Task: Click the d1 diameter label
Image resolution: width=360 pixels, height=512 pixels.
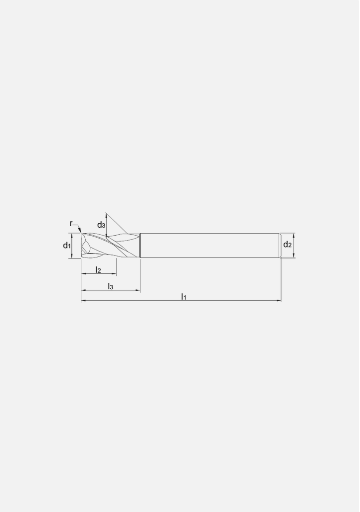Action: tap(66, 246)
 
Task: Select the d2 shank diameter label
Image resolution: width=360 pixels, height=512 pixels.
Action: tap(287, 245)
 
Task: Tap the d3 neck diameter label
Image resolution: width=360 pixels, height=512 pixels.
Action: tap(101, 225)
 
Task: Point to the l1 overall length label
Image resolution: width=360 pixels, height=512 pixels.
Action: tap(183, 296)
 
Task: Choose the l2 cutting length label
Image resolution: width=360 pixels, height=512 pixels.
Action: tap(98, 270)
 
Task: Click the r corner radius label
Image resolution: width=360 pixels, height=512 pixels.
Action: tap(71, 224)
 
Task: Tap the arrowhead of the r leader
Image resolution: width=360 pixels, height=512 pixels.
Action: tap(79, 230)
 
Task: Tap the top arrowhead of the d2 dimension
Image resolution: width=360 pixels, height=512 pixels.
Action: tap(294, 235)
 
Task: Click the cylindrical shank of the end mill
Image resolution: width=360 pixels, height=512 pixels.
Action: tap(208, 246)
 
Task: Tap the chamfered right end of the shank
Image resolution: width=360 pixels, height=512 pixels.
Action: tap(280, 246)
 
